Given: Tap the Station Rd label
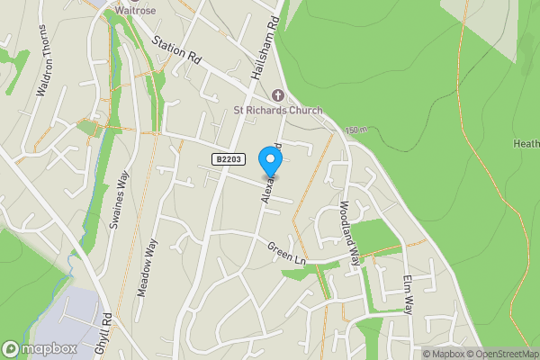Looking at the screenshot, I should (x=176, y=49).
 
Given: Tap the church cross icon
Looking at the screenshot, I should (x=278, y=95).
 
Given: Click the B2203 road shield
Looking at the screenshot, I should (x=228, y=159).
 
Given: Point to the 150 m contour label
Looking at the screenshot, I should (x=355, y=130).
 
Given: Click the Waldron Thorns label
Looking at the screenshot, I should (x=44, y=61).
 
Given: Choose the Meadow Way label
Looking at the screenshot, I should (x=146, y=267).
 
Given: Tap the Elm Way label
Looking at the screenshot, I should (x=408, y=293).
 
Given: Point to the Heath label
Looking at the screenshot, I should (x=526, y=143).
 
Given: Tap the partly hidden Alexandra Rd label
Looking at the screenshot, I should (x=271, y=180).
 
